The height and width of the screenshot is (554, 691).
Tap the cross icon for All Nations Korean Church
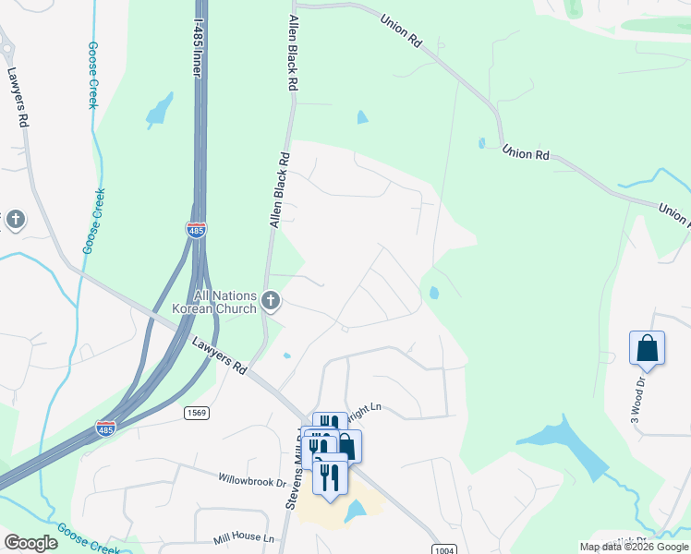(271, 300)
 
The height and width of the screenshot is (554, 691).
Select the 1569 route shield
(194, 412)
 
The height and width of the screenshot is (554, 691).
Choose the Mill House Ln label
(243, 537)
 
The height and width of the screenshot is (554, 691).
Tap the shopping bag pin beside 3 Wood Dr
(647, 349)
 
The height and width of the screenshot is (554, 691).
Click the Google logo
(30, 543)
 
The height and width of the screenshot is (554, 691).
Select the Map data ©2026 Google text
(633, 548)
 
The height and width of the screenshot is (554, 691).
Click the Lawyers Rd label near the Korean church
(220, 355)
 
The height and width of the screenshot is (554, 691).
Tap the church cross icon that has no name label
(15, 220)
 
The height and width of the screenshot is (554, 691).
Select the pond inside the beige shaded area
(355, 510)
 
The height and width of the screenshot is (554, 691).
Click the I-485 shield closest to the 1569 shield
(105, 428)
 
